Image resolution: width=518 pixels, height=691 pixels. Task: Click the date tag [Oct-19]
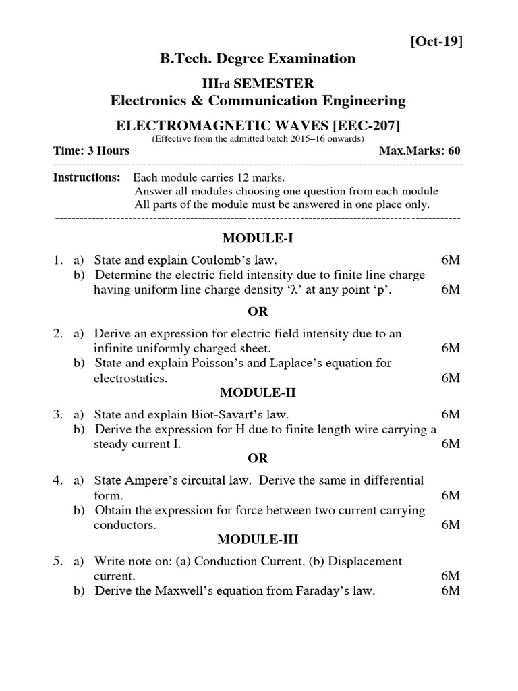436,42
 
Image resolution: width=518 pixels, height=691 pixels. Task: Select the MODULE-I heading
258,238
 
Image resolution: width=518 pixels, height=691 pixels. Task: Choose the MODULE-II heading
258,393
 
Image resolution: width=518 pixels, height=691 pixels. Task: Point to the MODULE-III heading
258,539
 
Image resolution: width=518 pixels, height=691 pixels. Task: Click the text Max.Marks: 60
420,150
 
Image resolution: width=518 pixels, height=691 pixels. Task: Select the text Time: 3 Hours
91,150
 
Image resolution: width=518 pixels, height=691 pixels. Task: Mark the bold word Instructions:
86,177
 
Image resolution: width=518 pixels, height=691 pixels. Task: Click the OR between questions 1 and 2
258,311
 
